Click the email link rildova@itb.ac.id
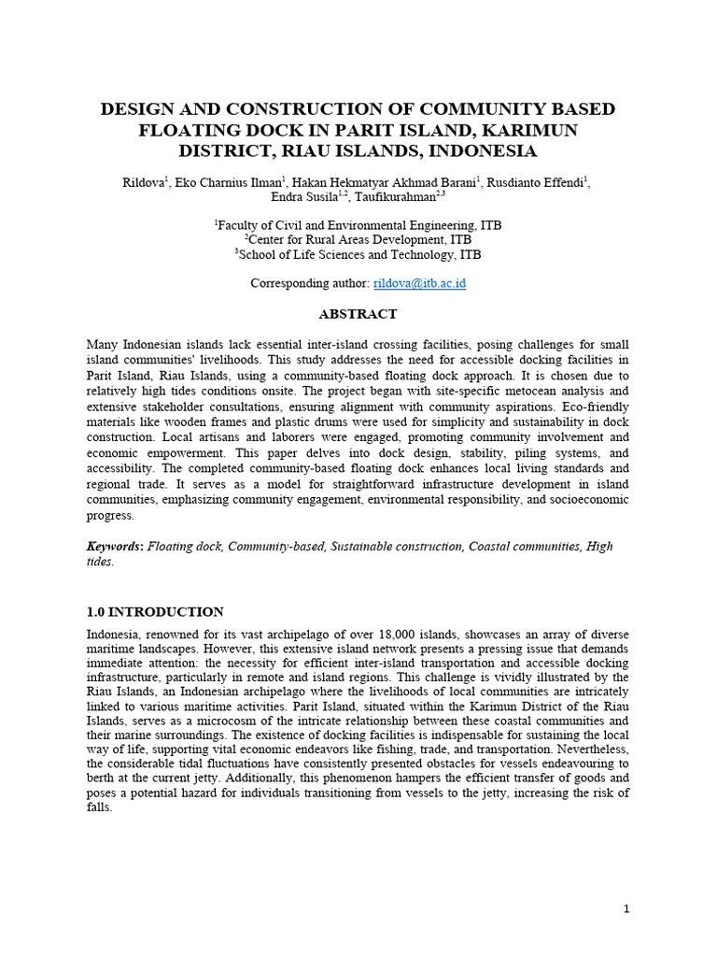tap(419, 283)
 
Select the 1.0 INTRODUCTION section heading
tap(154, 612)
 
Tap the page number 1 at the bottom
tap(627, 908)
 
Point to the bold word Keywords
tap(115, 547)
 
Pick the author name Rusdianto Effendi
tap(539, 182)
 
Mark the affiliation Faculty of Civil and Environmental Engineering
tap(358, 225)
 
